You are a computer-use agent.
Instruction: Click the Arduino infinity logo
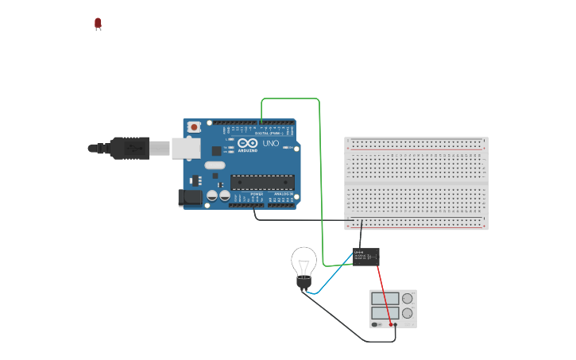[247, 143]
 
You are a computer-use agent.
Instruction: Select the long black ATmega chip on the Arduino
[262, 182]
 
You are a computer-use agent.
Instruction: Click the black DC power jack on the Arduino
[190, 198]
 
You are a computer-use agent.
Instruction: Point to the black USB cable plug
[127, 148]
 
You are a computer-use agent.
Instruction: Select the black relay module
[366, 256]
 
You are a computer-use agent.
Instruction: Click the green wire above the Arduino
[291, 99]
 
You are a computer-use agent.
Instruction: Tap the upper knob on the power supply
[408, 300]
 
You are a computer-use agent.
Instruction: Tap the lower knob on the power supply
[408, 314]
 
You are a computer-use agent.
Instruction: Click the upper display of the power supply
[385, 300]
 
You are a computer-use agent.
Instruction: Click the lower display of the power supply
[385, 314]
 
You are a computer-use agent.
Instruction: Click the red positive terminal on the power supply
[391, 324]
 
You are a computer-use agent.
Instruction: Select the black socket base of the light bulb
[303, 282]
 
